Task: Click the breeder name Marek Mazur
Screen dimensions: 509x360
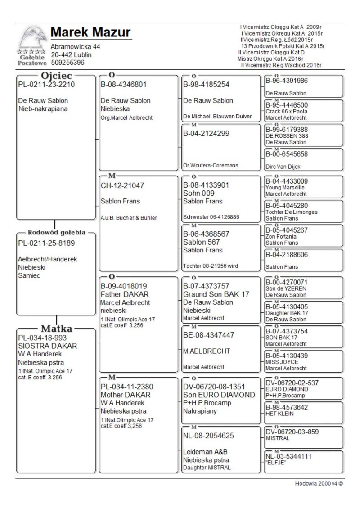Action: tap(91, 32)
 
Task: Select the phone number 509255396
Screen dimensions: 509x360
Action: tap(67, 63)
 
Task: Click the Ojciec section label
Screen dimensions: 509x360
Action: tap(57, 76)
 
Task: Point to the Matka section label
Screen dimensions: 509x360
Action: tap(57, 328)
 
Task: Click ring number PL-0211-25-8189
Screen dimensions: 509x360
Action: tap(46, 243)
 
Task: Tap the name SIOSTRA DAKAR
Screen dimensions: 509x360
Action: tap(47, 346)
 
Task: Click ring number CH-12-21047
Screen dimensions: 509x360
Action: tap(123, 185)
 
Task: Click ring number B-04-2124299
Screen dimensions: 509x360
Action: tap(207, 133)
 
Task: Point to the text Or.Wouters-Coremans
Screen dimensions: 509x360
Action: tap(210, 166)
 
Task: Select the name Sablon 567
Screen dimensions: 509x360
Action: tap(201, 242)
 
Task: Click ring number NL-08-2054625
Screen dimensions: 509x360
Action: tap(209, 436)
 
